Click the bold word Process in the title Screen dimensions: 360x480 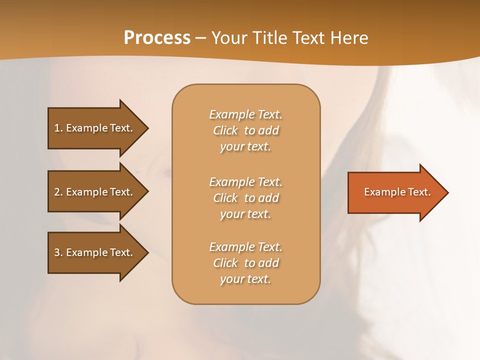pyautogui.click(x=157, y=38)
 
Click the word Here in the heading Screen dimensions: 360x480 pyautogui.click(x=348, y=38)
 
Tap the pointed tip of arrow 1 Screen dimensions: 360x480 pyautogui.click(x=147, y=128)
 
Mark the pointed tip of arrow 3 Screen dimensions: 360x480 pyautogui.click(x=147, y=252)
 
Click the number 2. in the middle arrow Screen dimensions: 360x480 pyautogui.click(x=58, y=192)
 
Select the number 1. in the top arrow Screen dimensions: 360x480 pyautogui.click(x=58, y=128)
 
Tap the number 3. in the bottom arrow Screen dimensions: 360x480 pyautogui.click(x=58, y=252)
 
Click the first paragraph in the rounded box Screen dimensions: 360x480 pyautogui.click(x=245, y=130)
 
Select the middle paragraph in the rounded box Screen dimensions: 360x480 pyautogui.click(x=245, y=198)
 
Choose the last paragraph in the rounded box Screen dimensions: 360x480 pyautogui.click(x=245, y=263)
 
